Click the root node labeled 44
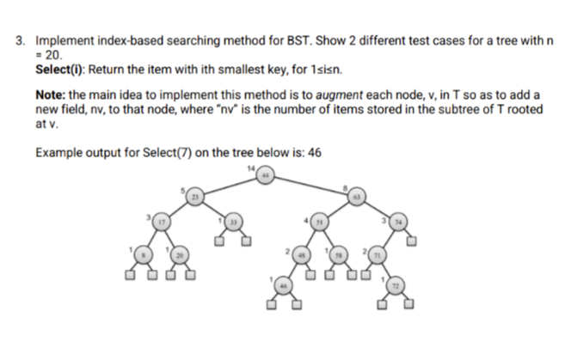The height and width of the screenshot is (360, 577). point(267,176)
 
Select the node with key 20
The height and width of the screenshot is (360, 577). point(181,255)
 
